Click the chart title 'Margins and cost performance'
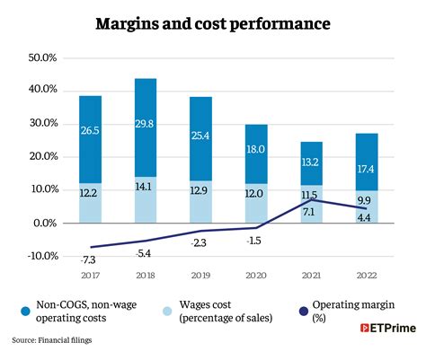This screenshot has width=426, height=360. coord(213,23)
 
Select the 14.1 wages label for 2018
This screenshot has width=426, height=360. coord(146,189)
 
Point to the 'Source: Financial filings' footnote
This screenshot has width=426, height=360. coord(52,342)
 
